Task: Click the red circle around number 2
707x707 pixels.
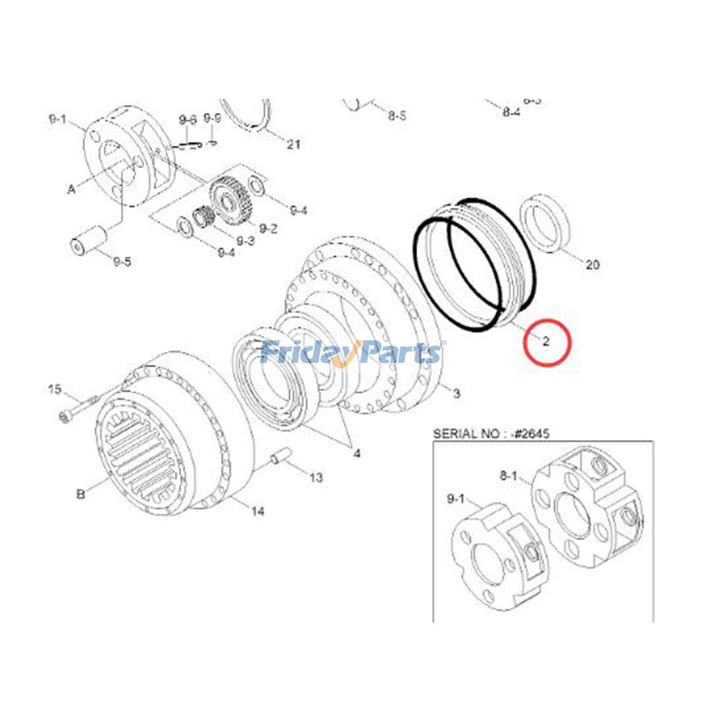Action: [547, 342]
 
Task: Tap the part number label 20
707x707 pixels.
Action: [592, 265]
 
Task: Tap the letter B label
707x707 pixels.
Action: [80, 494]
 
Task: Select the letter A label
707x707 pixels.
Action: [71, 188]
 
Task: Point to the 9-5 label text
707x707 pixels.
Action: [122, 261]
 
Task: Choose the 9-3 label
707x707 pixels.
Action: [244, 240]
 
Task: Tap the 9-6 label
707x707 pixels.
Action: [187, 119]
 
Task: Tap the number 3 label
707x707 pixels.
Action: [456, 392]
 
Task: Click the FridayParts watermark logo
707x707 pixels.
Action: [352, 353]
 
